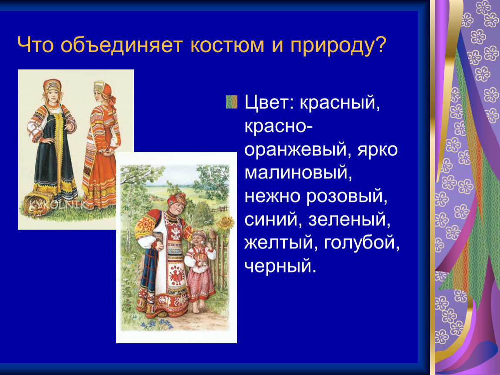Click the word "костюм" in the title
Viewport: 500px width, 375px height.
pos(227,45)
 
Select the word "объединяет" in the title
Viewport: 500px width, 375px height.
pos(121,45)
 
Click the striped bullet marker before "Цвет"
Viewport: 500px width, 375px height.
pos(232,102)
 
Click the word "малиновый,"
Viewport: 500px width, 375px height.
pos(298,173)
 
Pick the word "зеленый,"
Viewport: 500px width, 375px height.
pos(349,220)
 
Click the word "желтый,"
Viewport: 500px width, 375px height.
pos(281,243)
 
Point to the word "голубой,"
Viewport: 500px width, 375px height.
pos(362,243)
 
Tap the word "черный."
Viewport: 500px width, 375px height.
pos(280,266)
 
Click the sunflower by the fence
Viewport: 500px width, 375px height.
pos(226,223)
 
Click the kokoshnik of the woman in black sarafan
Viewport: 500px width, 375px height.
pos(52,86)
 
